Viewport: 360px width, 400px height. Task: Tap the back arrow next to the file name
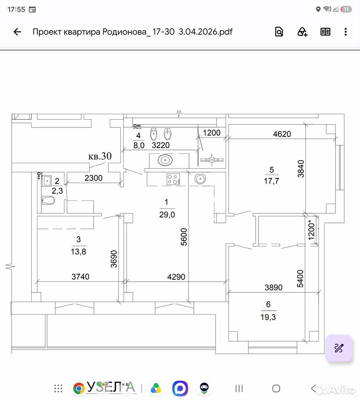point(17,32)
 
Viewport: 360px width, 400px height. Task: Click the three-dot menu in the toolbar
point(345,32)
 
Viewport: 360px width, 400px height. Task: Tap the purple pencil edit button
point(339,348)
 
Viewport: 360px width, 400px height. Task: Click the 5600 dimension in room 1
point(184,237)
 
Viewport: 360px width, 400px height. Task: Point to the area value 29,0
point(167,215)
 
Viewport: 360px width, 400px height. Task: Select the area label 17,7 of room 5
point(271,181)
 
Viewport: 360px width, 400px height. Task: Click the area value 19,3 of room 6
point(268,317)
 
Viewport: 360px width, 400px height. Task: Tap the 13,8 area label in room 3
point(79,252)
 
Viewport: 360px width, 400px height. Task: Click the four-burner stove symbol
point(173,179)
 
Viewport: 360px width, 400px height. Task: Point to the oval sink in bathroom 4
point(165,160)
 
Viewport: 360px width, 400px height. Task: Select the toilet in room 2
point(48,200)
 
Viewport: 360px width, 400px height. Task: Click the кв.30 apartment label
point(100,156)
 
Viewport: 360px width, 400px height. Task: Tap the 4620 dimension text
point(282,134)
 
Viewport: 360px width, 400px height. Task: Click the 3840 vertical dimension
point(301,169)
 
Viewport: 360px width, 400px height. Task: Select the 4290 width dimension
point(176,277)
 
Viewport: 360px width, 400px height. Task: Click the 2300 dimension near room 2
point(94,178)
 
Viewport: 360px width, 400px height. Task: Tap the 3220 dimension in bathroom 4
point(161,145)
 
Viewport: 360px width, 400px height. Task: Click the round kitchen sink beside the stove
point(200,179)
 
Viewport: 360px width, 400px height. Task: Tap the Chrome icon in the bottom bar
point(79,388)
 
